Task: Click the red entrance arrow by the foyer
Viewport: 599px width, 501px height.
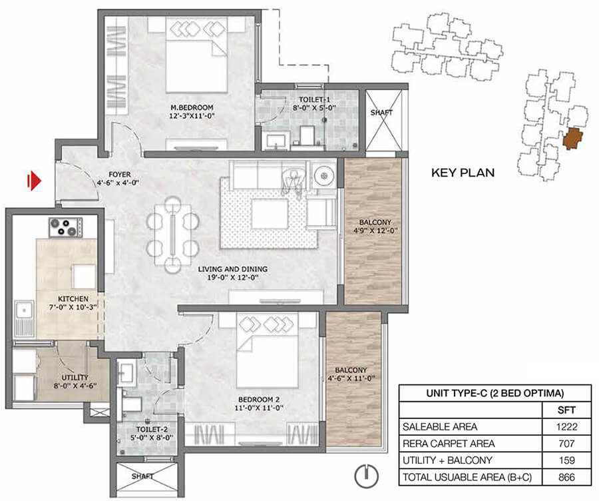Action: pyautogui.click(x=34, y=181)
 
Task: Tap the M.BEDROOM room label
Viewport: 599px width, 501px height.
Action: pyautogui.click(x=192, y=107)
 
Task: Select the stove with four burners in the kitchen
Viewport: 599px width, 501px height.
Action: pyautogui.click(x=65, y=227)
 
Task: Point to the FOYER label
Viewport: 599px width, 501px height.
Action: pyautogui.click(x=120, y=175)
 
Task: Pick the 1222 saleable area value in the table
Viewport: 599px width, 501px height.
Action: pyautogui.click(x=566, y=426)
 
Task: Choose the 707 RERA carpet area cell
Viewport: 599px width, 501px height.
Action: pyautogui.click(x=566, y=443)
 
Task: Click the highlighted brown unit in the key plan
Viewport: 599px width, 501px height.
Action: pyautogui.click(x=572, y=139)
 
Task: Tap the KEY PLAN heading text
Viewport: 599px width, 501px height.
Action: pyautogui.click(x=463, y=173)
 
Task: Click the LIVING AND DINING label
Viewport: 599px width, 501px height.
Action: pyautogui.click(x=233, y=269)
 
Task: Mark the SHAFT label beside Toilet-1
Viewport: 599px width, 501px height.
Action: pyautogui.click(x=381, y=113)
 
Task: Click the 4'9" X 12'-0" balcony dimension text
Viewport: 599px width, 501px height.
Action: pyautogui.click(x=376, y=231)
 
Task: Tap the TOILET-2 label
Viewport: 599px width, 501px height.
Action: pyautogui.click(x=152, y=430)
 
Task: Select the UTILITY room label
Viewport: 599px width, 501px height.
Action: pyautogui.click(x=75, y=378)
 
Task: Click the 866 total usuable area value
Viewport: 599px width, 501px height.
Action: pyautogui.click(x=566, y=477)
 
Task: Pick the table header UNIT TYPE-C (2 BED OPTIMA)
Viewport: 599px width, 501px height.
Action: pyautogui.click(x=495, y=393)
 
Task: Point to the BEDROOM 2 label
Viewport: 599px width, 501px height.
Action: pyautogui.click(x=259, y=400)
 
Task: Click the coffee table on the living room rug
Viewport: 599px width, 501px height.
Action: pyautogui.click(x=270, y=214)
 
